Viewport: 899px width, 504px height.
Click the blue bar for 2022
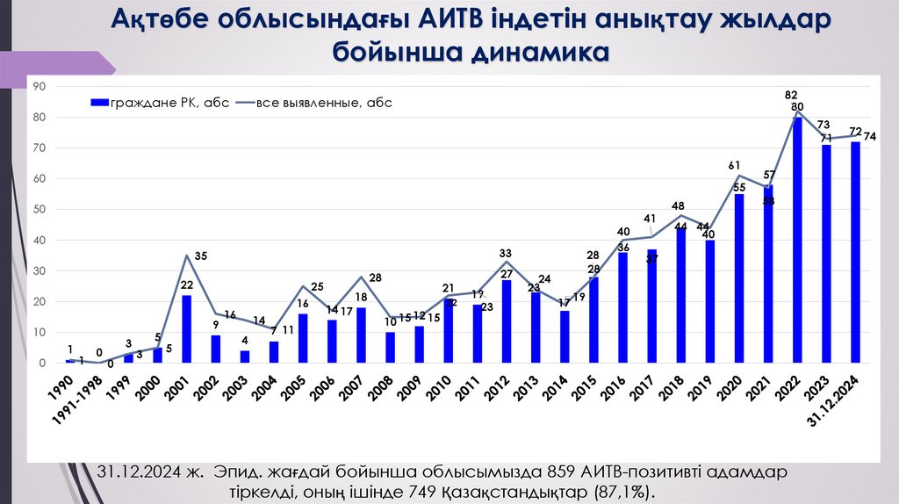coord(797,240)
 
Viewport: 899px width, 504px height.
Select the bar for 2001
coord(186,328)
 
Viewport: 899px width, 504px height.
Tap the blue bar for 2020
coord(739,278)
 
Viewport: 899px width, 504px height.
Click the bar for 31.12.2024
coord(855,252)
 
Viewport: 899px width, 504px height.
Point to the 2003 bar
coord(245,356)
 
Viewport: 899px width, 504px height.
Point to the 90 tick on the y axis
coord(40,86)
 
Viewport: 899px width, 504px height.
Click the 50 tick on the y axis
coord(40,210)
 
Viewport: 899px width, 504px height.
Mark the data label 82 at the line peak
coord(792,95)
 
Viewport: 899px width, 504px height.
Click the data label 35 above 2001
coord(201,256)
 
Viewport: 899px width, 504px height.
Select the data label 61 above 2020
coord(735,165)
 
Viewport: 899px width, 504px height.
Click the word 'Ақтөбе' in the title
coord(169,19)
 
